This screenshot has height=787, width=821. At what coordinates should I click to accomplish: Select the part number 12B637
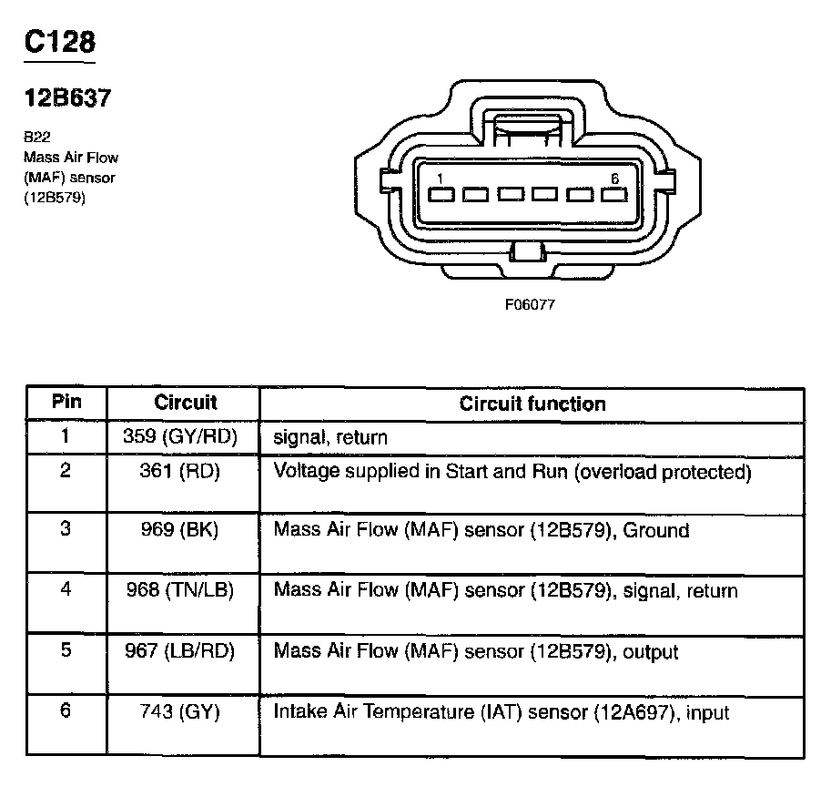pos(67,98)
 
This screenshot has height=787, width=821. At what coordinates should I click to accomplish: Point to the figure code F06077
pos(530,305)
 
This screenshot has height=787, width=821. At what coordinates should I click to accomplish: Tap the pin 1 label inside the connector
pos(440,178)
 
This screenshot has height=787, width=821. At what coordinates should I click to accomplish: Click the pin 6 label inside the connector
pos(614,179)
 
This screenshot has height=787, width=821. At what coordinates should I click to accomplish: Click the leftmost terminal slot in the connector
pos(441,194)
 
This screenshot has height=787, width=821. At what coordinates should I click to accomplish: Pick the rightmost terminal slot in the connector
pos(608,194)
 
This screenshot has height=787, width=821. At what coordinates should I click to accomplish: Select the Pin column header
pos(66,403)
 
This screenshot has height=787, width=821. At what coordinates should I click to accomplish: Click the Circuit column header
pos(186,403)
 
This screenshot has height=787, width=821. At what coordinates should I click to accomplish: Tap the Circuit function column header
pos(532,404)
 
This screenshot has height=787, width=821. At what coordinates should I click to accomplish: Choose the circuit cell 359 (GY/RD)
pos(180,437)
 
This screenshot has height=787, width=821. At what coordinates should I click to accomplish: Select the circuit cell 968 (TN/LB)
pos(180,590)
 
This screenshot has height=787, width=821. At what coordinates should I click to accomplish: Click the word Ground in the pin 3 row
pos(659,530)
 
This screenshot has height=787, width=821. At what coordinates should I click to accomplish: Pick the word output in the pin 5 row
pos(648,652)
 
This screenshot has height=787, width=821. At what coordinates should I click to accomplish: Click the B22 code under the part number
pos(36,138)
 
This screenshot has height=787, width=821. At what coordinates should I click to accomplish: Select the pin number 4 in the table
pos(66,589)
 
